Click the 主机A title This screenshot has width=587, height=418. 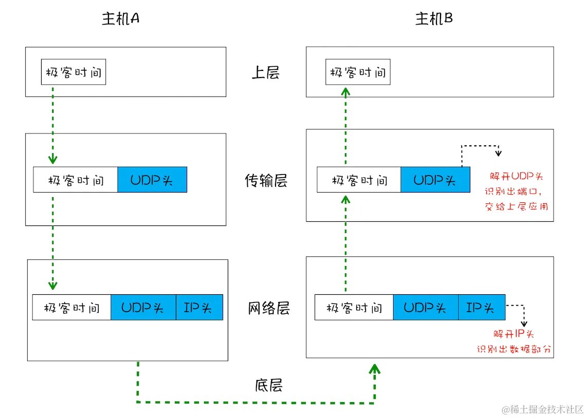click(121, 19)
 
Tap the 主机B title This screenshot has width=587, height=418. click(434, 19)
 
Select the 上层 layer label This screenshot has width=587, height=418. click(265, 72)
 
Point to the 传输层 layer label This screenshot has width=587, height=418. click(266, 181)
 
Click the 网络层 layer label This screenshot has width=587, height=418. click(269, 308)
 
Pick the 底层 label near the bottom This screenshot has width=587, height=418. click(268, 385)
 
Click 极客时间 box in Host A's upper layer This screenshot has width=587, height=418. click(74, 72)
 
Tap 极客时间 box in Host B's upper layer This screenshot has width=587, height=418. click(358, 72)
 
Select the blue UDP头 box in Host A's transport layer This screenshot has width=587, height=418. click(152, 180)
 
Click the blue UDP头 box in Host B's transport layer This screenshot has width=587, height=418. click(435, 180)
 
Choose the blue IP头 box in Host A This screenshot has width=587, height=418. click(199, 308)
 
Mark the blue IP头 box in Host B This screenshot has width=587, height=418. click(481, 308)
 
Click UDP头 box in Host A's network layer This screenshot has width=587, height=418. click(143, 308)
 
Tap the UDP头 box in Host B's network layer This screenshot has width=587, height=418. click(425, 308)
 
